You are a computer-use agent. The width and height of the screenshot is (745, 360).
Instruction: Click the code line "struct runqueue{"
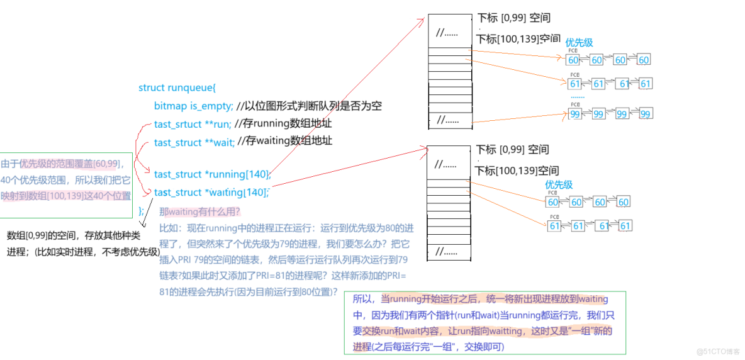(177, 87)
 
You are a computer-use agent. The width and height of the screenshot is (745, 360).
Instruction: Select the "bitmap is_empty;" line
(193, 106)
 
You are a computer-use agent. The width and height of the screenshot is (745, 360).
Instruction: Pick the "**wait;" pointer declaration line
(194, 142)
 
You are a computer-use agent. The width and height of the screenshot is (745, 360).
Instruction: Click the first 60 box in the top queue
(573, 60)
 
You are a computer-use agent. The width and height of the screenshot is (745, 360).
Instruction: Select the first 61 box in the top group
(575, 84)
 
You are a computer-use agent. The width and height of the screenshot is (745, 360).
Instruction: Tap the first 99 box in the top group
(574, 114)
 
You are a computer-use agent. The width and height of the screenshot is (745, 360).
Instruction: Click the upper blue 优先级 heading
(579, 43)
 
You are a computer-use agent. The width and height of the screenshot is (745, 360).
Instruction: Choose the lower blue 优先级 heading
(559, 185)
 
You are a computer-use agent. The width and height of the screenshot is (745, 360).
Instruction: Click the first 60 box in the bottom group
(552, 202)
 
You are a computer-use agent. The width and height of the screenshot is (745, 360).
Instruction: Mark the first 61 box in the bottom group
(554, 225)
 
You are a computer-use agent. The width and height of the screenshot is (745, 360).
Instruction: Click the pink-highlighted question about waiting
(201, 211)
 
